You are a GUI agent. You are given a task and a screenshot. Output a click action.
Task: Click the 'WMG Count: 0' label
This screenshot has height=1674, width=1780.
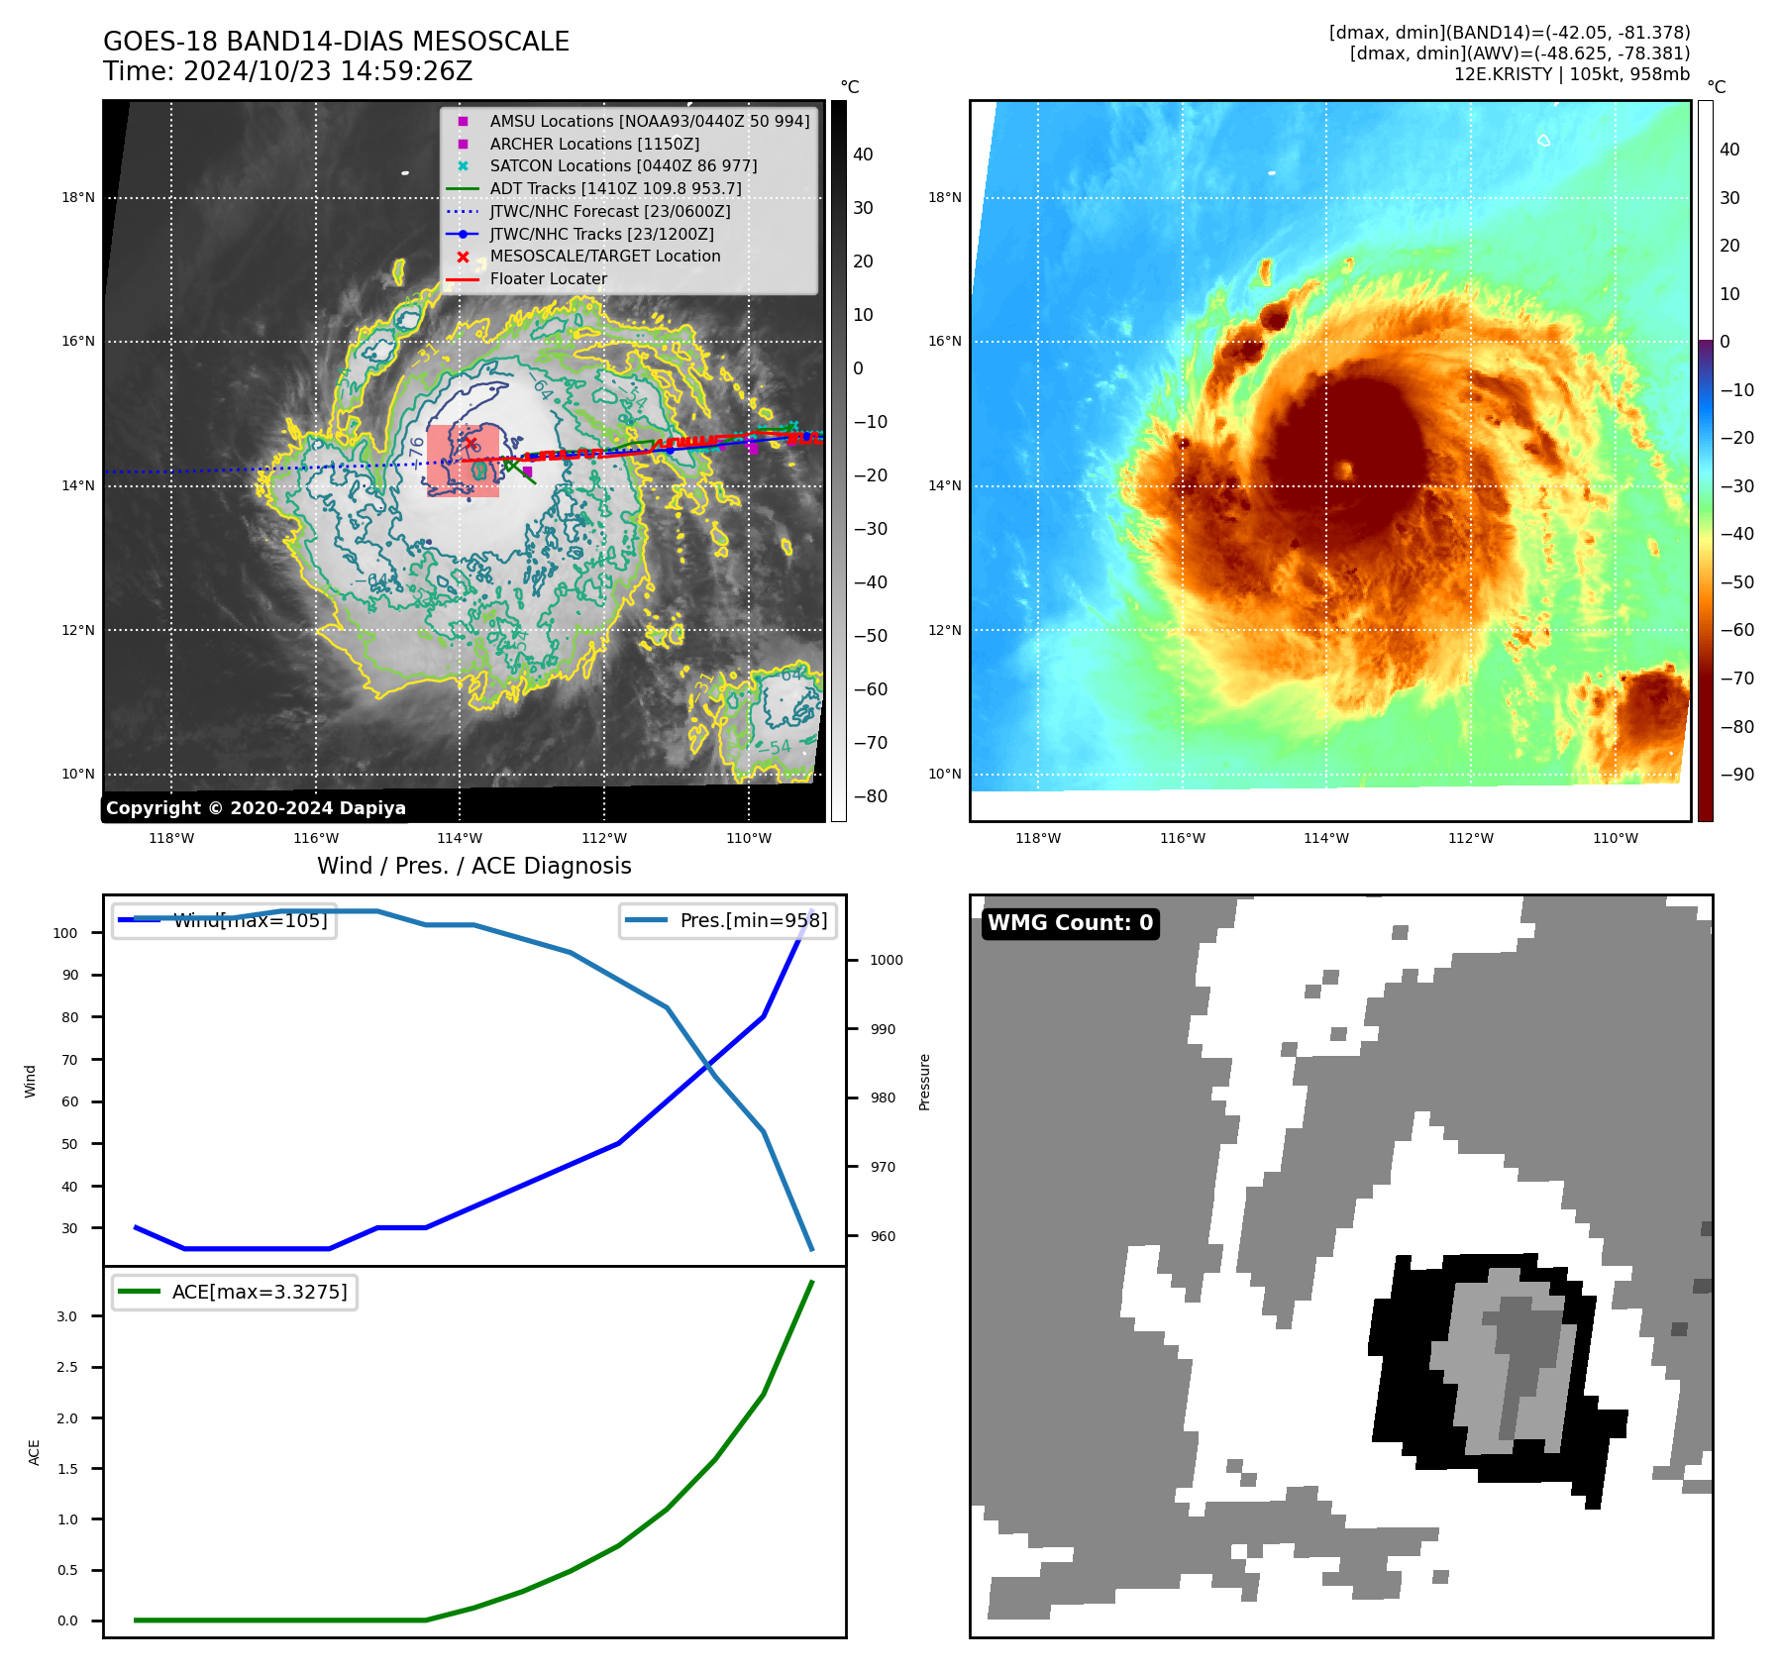pos(1070,923)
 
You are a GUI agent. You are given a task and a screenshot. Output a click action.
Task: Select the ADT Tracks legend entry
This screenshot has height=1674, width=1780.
pos(615,188)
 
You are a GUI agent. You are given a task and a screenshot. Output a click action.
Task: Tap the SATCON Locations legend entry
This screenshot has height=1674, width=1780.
pos(623,165)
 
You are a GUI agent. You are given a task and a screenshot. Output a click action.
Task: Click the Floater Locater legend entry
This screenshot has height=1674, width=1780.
pos(548,278)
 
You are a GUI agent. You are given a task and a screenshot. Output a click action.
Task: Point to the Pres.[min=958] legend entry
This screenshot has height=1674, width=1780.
pos(753,920)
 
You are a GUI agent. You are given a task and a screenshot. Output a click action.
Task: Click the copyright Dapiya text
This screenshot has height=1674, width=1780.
pos(256,808)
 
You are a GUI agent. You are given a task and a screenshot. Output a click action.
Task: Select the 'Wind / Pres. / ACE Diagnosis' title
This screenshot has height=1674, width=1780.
pos(473,866)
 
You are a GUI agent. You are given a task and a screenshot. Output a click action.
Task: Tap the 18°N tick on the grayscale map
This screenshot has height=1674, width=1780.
pos(78,197)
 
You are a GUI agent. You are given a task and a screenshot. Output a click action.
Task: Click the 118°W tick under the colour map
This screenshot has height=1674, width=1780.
pos(1037,838)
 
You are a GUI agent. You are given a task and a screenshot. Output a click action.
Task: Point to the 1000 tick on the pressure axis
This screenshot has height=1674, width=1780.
pos(886,960)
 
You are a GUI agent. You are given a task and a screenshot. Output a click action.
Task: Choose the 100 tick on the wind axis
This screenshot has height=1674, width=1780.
pos(65,933)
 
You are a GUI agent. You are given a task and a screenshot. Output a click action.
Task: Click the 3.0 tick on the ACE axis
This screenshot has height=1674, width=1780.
pos(66,1316)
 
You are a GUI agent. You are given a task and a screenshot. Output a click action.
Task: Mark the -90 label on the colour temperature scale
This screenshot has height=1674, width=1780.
pos(1736,775)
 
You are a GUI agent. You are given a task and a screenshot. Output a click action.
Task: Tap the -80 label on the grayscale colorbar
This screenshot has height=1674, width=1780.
pos(870,796)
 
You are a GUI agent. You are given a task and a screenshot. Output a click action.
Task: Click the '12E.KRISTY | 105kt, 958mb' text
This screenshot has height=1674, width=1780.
pos(1571,74)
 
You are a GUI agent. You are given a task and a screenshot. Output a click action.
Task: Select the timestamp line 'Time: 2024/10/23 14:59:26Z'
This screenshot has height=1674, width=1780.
pos(287,71)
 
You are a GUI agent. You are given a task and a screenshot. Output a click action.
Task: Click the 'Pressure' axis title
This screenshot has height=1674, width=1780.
pos(924,1082)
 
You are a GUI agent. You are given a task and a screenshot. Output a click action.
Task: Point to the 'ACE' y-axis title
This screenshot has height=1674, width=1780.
pos(35,1452)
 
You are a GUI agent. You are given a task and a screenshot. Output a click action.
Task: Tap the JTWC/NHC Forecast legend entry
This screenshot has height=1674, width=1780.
pos(609,211)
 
